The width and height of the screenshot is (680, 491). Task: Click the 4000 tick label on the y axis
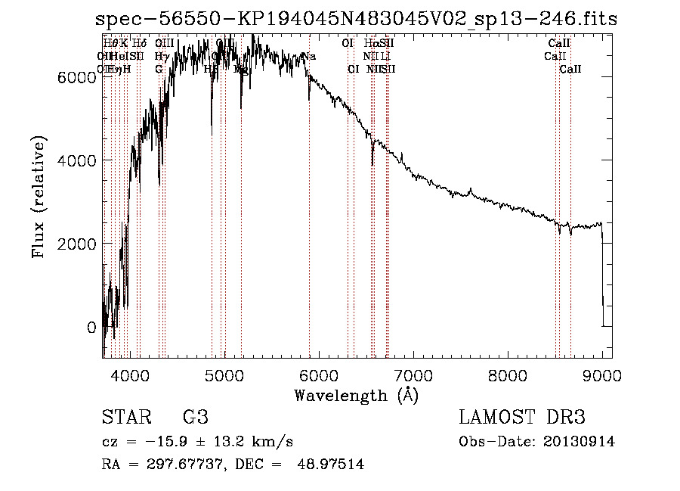[x=76, y=160]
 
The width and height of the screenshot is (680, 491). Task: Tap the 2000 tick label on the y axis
[x=76, y=244]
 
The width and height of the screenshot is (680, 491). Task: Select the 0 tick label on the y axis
[x=91, y=328]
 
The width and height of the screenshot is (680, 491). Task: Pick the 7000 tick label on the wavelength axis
[x=413, y=374]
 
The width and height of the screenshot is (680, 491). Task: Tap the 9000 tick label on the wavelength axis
[x=603, y=374]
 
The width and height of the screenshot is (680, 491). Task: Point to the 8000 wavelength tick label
[x=508, y=374]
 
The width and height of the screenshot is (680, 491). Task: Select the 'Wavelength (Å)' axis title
[x=356, y=395]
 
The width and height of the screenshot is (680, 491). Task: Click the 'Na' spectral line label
[x=309, y=56]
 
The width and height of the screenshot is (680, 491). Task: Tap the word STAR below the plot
[x=125, y=418]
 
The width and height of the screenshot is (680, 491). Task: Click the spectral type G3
[x=195, y=418]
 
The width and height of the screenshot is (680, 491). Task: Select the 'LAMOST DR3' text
[x=522, y=418]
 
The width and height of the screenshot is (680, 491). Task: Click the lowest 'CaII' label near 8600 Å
[x=570, y=69]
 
